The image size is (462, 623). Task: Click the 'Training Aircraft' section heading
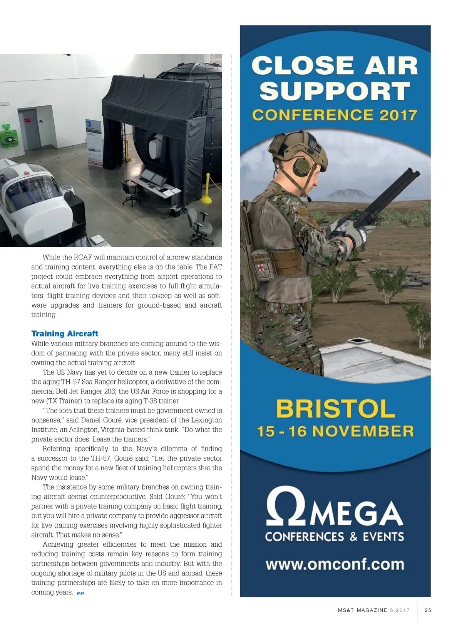65,333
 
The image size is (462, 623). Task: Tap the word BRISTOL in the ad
335,408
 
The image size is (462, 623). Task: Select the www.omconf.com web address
335,564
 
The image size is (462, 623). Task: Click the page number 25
428,610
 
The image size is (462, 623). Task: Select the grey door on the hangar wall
30,130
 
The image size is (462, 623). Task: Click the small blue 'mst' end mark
80,593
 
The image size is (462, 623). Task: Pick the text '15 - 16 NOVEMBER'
335,431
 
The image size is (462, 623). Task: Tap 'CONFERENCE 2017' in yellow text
335,115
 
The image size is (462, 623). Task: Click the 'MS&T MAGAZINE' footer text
363,610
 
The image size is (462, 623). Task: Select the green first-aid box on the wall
9,138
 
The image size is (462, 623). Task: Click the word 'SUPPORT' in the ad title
335,91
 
